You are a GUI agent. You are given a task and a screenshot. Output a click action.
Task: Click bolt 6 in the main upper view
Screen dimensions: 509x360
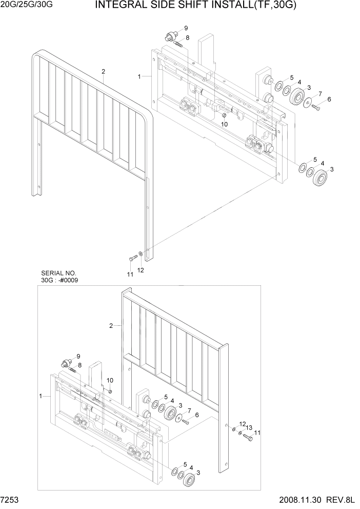315,107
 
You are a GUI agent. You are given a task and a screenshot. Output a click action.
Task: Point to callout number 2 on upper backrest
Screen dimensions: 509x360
103,71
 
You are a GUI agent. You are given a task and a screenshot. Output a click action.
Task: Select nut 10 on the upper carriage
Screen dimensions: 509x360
224,118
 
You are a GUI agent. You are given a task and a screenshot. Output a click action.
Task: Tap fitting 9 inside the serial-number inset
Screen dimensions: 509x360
66,363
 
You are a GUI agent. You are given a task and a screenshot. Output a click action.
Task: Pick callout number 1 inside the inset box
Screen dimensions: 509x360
41,396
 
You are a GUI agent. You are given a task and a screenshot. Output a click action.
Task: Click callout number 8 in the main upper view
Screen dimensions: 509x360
188,37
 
